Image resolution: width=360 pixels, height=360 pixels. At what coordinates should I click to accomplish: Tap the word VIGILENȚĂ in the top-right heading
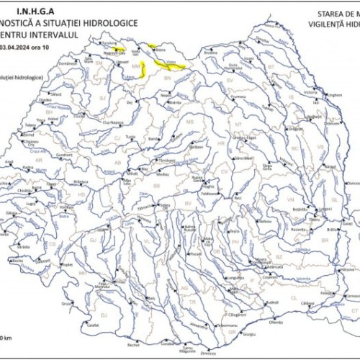(x=328, y=24)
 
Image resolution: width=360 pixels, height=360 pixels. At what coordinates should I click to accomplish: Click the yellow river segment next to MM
(x=144, y=70)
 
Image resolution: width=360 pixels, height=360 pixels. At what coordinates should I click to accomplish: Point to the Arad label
(x=10, y=162)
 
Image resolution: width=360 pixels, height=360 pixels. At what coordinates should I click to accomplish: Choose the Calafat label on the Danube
(x=92, y=325)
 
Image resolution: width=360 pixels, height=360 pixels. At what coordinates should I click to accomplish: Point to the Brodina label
(x=211, y=53)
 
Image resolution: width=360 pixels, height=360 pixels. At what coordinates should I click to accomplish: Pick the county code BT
(x=272, y=66)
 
